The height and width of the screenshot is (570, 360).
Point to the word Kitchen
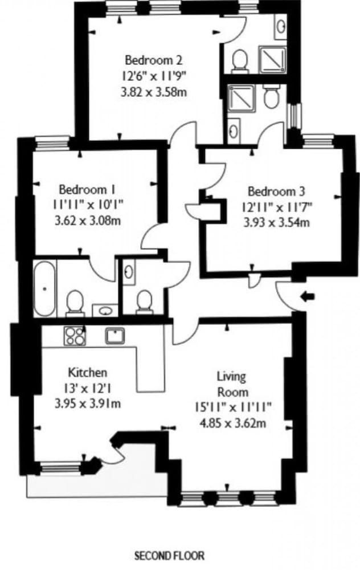(87, 373)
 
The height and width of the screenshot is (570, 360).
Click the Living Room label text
(232, 384)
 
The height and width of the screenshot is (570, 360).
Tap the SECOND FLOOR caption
(169, 555)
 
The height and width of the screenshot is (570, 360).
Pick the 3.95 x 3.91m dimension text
(87, 404)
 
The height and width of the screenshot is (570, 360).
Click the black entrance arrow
(308, 296)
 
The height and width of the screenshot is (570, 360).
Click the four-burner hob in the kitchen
(74, 335)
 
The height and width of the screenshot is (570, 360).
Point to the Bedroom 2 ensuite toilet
(241, 60)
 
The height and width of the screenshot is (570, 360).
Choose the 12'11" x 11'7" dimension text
(277, 207)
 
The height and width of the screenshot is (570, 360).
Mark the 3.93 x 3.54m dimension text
(276, 223)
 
